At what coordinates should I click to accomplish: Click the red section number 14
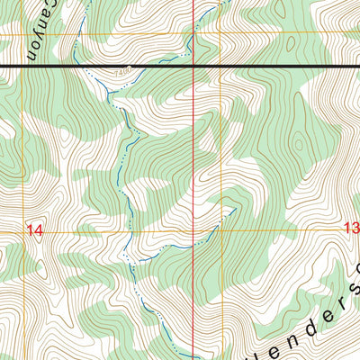click(x=34, y=230)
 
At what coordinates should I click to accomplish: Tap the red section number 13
click(x=351, y=229)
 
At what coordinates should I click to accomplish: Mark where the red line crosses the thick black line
click(x=195, y=67)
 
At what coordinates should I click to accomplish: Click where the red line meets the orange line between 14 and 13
click(x=195, y=231)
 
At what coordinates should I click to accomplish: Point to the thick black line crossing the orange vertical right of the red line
click(x=219, y=67)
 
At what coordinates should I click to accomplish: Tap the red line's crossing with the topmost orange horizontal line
click(x=195, y=35)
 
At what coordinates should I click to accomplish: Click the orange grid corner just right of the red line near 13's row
click(x=219, y=231)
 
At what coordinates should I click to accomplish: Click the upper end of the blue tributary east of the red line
click(x=236, y=208)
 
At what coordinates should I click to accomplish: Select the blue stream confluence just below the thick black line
click(x=106, y=88)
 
